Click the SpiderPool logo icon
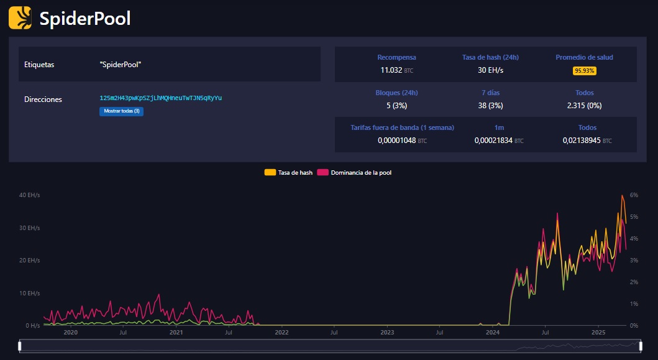click(x=20, y=18)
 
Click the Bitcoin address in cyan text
click(x=160, y=98)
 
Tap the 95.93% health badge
click(x=584, y=71)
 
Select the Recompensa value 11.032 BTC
click(x=396, y=70)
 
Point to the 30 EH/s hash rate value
click(x=490, y=70)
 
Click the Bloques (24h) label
click(x=396, y=93)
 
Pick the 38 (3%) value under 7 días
click(x=490, y=106)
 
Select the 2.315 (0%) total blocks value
click(x=584, y=106)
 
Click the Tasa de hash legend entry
click(x=288, y=172)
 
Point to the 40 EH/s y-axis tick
click(x=30, y=195)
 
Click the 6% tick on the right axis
click(x=634, y=195)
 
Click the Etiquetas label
click(x=39, y=65)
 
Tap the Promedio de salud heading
click(x=584, y=57)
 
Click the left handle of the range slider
click(x=20, y=346)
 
